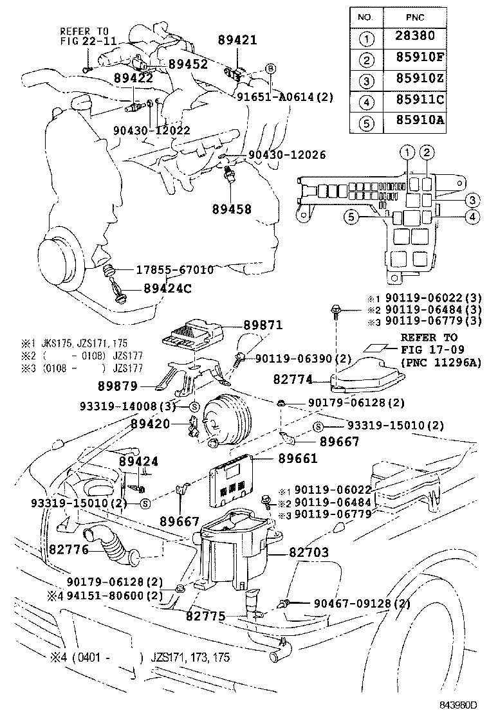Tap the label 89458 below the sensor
[x=232, y=209]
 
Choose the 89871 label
[x=263, y=326]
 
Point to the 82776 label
[x=69, y=549]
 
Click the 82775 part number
[x=205, y=616]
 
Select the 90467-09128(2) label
[x=362, y=604]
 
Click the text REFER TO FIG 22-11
[x=88, y=35]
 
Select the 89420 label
[x=150, y=424]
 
